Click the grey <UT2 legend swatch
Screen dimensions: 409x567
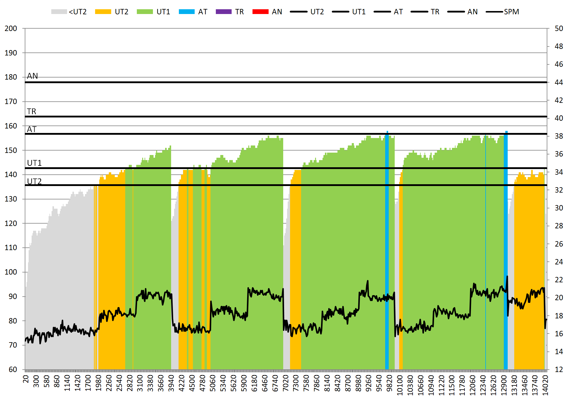(59, 12)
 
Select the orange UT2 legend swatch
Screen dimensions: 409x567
(103, 12)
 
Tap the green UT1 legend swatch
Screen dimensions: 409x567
(145, 12)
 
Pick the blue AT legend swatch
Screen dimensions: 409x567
(187, 12)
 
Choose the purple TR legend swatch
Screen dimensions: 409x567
(224, 12)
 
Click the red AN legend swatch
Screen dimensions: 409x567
(260, 12)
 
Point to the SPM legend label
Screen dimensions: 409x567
(511, 12)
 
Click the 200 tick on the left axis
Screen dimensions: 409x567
(11, 29)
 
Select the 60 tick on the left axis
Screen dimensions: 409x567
(13, 370)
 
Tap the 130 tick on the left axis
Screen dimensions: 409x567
(11, 199)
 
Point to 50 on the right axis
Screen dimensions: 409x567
(559, 29)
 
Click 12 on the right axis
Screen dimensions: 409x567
(559, 370)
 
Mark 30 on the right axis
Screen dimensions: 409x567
(559, 208)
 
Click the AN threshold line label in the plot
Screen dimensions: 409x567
(32, 76)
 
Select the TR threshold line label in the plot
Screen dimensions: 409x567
(32, 111)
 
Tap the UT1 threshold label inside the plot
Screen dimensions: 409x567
(34, 163)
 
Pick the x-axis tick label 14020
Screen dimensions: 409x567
(545, 385)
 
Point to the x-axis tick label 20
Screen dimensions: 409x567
(26, 379)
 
